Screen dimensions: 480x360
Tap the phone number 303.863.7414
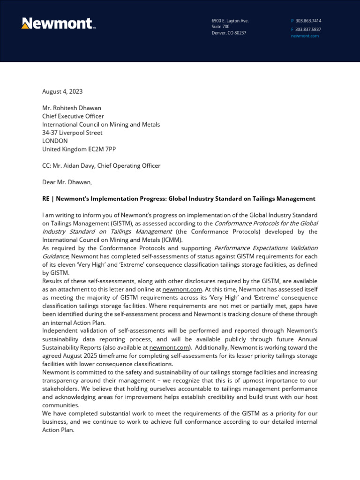coord(308,21)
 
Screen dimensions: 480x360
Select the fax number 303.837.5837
coord(308,29)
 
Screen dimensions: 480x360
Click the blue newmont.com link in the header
coord(305,36)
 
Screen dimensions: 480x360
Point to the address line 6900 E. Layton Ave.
coord(230,21)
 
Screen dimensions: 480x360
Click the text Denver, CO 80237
coord(229,33)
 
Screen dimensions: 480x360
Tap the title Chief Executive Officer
coord(73,116)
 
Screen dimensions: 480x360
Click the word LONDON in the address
coord(55,141)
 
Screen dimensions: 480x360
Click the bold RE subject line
coord(179,199)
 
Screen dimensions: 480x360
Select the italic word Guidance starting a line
coord(55,256)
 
